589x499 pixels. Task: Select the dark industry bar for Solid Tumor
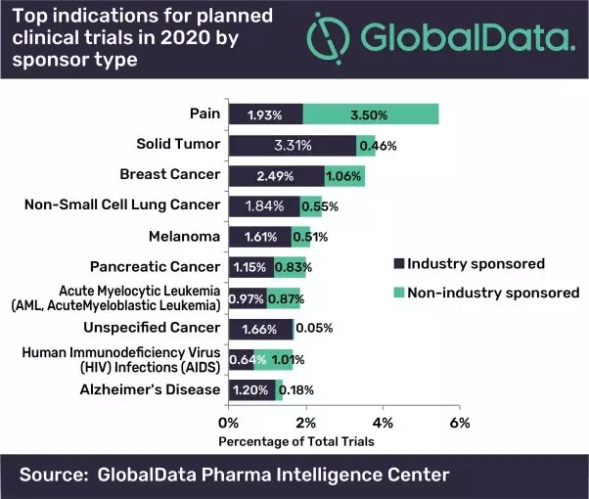pos(292,146)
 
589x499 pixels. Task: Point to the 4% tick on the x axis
pos(383,423)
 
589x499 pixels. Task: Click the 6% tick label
pos(460,423)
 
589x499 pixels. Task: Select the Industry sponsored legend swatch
pos(397,264)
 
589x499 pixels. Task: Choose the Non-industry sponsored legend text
pos(493,293)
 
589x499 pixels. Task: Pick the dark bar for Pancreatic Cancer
pos(250,266)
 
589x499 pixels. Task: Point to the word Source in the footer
pos(51,476)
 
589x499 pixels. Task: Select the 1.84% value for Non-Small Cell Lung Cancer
pos(263,205)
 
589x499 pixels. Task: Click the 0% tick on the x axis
pos(228,423)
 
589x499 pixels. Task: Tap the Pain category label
pos(204,113)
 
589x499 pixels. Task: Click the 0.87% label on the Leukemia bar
pos(282,296)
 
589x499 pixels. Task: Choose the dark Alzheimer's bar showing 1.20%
pos(251,389)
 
